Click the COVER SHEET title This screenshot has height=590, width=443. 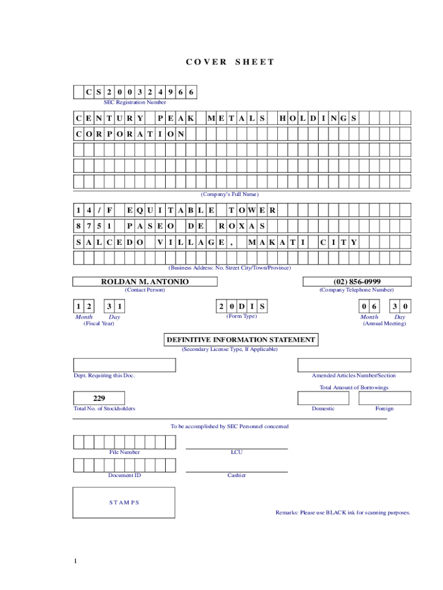[x=230, y=62]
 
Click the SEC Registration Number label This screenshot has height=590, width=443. [x=135, y=103]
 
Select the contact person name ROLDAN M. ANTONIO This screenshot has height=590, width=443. [x=145, y=282]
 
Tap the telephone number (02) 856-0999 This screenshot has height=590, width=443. [x=357, y=282]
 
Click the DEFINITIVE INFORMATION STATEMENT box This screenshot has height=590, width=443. [x=240, y=340]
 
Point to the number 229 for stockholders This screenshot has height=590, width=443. [x=99, y=398]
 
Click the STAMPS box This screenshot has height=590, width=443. [x=124, y=502]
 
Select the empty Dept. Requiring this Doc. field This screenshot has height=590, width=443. [x=124, y=365]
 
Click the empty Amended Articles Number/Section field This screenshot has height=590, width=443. [x=354, y=365]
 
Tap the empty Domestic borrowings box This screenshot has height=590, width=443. [x=323, y=398]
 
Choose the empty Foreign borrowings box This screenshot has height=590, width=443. [x=384, y=398]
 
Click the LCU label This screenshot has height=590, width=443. [x=236, y=452]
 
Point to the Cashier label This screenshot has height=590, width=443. [x=236, y=475]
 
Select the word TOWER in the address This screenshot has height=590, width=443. [x=252, y=210]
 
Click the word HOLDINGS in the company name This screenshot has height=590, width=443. [x=318, y=119]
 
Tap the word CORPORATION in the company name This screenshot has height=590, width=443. [x=130, y=134]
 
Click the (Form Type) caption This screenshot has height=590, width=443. [x=242, y=316]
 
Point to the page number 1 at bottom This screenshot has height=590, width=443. [x=75, y=561]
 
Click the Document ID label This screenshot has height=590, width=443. [x=124, y=475]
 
